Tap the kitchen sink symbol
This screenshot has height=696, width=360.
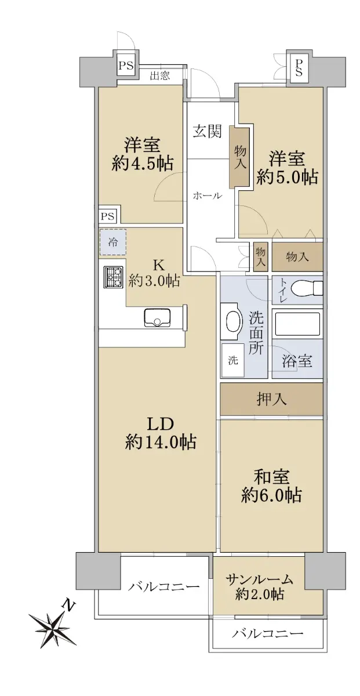pyautogui.click(x=157, y=317)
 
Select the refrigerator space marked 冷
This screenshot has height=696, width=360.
pyautogui.click(x=112, y=242)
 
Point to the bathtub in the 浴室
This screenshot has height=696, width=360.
pyautogui.click(x=297, y=324)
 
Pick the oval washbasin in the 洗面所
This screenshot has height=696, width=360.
pyautogui.click(x=234, y=322)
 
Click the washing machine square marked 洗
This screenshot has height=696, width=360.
pyautogui.click(x=233, y=360)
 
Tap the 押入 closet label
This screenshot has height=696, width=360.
pyautogui.click(x=271, y=398)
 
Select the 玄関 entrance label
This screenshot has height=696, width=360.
pyautogui.click(x=207, y=131)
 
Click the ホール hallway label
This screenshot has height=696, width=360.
pyautogui.click(x=207, y=195)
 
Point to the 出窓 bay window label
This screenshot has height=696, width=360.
pyautogui.click(x=160, y=75)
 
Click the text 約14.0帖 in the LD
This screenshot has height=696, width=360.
pyautogui.click(x=161, y=442)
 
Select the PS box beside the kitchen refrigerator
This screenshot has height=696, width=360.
pyautogui.click(x=108, y=216)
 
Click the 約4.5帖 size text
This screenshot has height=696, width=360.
pyautogui.click(x=142, y=163)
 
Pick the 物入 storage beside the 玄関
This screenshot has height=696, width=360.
pyautogui.click(x=239, y=157)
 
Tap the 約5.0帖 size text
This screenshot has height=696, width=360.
pyautogui.click(x=287, y=177)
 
